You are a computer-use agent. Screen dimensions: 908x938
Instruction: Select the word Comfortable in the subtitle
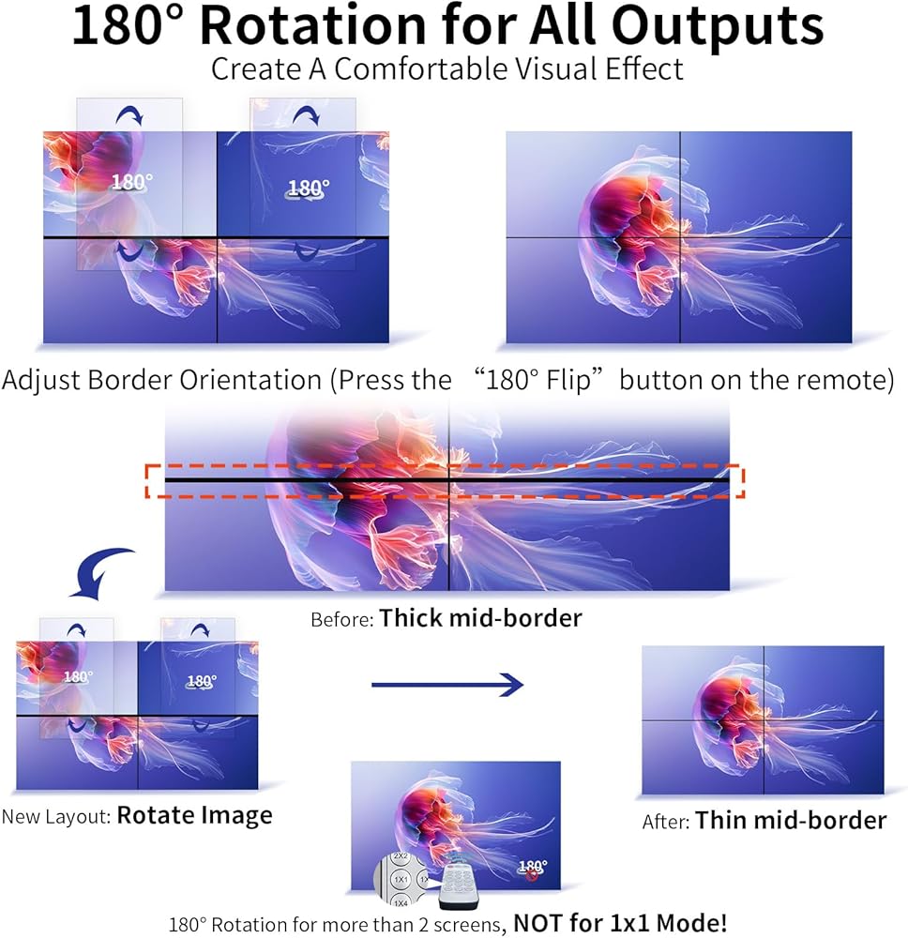[x=421, y=68]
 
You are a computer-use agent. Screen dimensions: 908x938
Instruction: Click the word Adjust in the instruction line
[x=41, y=381]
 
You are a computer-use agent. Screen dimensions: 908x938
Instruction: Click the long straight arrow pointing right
[x=446, y=685]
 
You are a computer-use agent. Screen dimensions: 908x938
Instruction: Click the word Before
[x=342, y=619]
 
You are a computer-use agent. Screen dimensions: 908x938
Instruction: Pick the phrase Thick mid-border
[x=480, y=618]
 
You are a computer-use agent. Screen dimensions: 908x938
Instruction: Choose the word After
[x=666, y=822]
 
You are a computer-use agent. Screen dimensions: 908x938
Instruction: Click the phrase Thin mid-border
[x=790, y=820]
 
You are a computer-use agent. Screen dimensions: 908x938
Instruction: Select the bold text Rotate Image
[x=194, y=816]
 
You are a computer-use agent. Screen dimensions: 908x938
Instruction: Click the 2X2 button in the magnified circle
[x=401, y=856]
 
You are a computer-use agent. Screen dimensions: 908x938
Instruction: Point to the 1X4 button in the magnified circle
[x=401, y=902]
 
